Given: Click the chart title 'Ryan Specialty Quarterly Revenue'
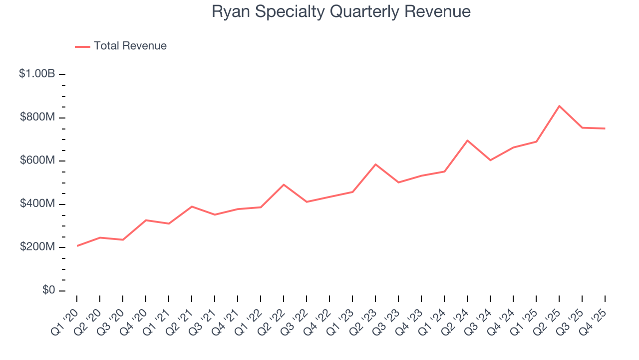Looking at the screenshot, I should [341, 11].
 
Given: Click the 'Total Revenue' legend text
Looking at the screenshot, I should [130, 46].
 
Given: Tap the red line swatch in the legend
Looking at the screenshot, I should [82, 46].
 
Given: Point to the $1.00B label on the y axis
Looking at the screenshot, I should [37, 74].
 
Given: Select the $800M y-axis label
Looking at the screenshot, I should [37, 117].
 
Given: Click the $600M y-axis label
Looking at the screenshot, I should [37, 160].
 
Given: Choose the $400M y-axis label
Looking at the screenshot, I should [37, 204].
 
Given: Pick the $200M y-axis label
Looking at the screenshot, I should [37, 247].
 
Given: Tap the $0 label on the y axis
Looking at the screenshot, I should [48, 290].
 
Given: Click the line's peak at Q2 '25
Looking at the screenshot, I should [559, 106].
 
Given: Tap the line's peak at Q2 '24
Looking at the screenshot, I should [467, 140].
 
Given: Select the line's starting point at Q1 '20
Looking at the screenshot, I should [77, 246].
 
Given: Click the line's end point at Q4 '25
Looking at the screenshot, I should [605, 128].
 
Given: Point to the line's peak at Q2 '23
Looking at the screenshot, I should [375, 164].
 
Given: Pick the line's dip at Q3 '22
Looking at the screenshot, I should [307, 202].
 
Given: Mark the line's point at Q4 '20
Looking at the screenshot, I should [146, 220].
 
